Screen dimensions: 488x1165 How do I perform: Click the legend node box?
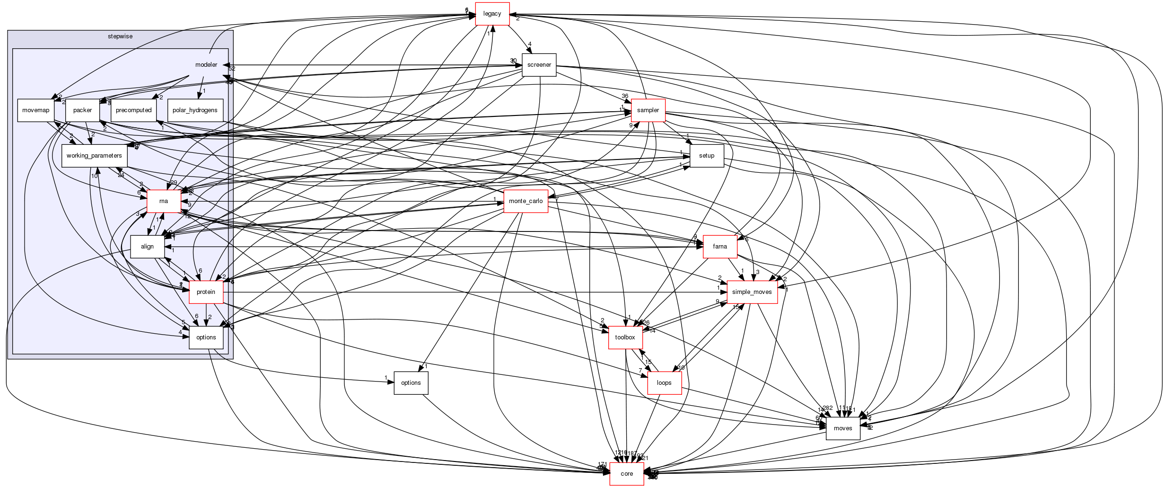tap(492, 14)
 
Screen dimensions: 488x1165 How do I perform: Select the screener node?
tap(539, 65)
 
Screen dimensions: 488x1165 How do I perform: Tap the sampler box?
tap(648, 110)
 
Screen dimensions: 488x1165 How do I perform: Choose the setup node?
tap(707, 156)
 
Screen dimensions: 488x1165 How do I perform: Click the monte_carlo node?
tap(526, 201)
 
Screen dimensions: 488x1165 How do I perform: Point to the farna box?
tap(720, 247)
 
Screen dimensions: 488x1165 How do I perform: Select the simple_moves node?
tap(752, 292)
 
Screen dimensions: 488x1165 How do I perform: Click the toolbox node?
tap(625, 337)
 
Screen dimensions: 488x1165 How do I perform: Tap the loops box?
tap(664, 383)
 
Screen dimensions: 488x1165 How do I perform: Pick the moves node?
tap(843, 428)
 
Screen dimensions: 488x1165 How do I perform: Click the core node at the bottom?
tap(627, 474)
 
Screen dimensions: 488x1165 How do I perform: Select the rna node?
tap(164, 201)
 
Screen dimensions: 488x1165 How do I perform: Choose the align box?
tap(147, 247)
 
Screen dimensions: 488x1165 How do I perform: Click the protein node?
tap(206, 292)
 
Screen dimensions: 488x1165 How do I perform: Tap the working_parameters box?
tap(94, 156)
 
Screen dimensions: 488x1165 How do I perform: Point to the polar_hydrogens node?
tap(195, 110)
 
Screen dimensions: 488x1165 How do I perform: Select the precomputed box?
tap(134, 110)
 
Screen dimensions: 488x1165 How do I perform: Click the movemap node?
tap(35, 110)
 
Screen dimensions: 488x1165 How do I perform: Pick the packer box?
tap(82, 110)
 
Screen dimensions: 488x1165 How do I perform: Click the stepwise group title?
tap(120, 36)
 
